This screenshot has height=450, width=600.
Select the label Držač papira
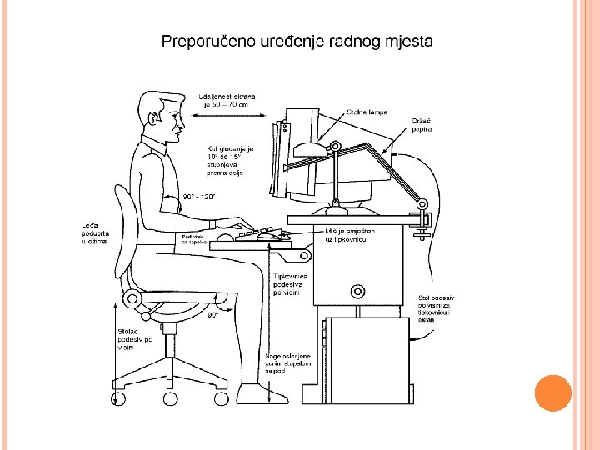pos(422,125)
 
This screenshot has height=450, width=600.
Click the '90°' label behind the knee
pos(213,315)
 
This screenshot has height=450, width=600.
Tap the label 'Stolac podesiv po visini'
pos(134,339)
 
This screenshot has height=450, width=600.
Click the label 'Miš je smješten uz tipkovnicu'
pos(347,235)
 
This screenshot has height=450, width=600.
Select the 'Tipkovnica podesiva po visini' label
pos(291,284)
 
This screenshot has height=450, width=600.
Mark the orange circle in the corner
pos(552,393)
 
